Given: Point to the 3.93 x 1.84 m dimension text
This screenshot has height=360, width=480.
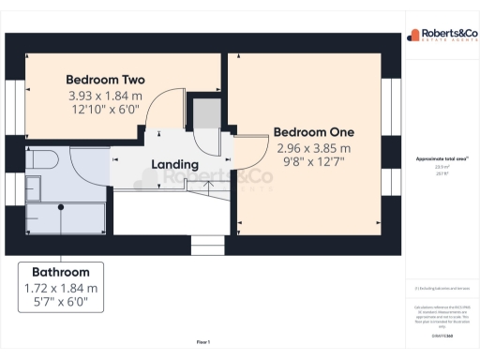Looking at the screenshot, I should point(103,95).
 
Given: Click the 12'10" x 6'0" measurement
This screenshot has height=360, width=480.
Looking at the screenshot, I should point(103,110).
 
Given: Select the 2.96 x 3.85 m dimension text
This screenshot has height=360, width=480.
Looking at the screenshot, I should point(313,148).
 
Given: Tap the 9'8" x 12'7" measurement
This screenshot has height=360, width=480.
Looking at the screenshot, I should point(313,162).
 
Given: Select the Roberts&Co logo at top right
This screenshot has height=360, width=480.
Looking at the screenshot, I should point(440,37).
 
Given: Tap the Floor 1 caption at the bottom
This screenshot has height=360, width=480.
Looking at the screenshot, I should point(202,342).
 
